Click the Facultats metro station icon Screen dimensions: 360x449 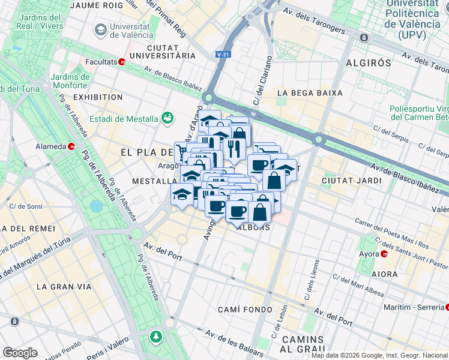(122, 61)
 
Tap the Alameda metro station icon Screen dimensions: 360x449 (71, 146)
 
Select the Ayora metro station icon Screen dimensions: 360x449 (384, 254)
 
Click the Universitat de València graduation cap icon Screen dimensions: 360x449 (100, 29)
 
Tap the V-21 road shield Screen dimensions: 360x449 (223, 55)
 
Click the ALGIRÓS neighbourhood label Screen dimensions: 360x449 (369, 62)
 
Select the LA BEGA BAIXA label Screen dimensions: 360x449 (310, 93)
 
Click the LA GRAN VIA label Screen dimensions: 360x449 (64, 287)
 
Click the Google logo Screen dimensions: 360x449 (20, 353)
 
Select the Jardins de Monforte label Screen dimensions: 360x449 (70, 81)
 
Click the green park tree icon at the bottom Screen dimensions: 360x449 (156, 335)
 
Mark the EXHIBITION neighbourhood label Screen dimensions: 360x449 (98, 97)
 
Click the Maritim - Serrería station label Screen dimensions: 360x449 (414, 307)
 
